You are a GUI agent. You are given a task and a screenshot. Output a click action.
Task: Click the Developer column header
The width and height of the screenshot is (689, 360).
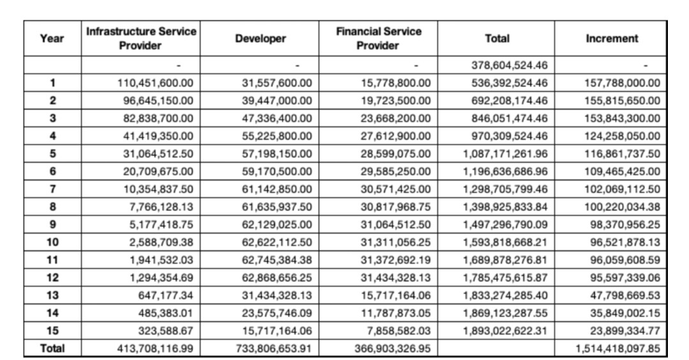tap(260, 39)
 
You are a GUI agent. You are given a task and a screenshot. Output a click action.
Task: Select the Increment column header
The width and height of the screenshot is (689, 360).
tap(612, 39)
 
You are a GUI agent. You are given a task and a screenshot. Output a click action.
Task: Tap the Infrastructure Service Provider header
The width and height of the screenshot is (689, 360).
tap(140, 39)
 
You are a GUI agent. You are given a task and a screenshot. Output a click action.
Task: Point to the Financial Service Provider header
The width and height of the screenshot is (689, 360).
tap(378, 39)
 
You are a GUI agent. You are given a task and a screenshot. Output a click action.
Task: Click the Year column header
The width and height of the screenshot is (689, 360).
tap(52, 39)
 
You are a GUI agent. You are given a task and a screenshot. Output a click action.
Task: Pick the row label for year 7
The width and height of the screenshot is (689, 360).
tap(53, 189)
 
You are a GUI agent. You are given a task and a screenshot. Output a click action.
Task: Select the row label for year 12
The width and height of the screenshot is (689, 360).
tap(52, 278)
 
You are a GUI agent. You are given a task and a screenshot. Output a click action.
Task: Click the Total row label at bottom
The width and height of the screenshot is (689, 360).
tap(52, 348)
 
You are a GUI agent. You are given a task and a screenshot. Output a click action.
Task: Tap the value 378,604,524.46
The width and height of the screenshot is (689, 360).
tap(510, 65)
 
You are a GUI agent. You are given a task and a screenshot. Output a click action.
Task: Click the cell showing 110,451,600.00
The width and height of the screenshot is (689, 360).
tap(155, 83)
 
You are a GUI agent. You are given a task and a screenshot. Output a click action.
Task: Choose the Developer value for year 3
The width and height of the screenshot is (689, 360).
tap(277, 119)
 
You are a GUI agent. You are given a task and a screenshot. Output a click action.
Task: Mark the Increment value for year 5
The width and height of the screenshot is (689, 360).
tap(622, 154)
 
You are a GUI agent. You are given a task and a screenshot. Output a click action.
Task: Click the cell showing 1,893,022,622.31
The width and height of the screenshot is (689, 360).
tap(505, 331)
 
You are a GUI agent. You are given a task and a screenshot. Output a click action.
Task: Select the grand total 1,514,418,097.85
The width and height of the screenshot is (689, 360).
tap(617, 349)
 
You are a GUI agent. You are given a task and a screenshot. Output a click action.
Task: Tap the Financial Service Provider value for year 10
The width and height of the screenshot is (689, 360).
tap(396, 243)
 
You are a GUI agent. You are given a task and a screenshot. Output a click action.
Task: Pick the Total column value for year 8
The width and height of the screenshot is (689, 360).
tap(505, 207)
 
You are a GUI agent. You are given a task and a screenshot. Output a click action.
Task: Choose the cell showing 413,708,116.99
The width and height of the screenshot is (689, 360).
tap(155, 349)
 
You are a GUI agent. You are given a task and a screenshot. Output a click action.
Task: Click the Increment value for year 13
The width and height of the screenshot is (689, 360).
tap(625, 296)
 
